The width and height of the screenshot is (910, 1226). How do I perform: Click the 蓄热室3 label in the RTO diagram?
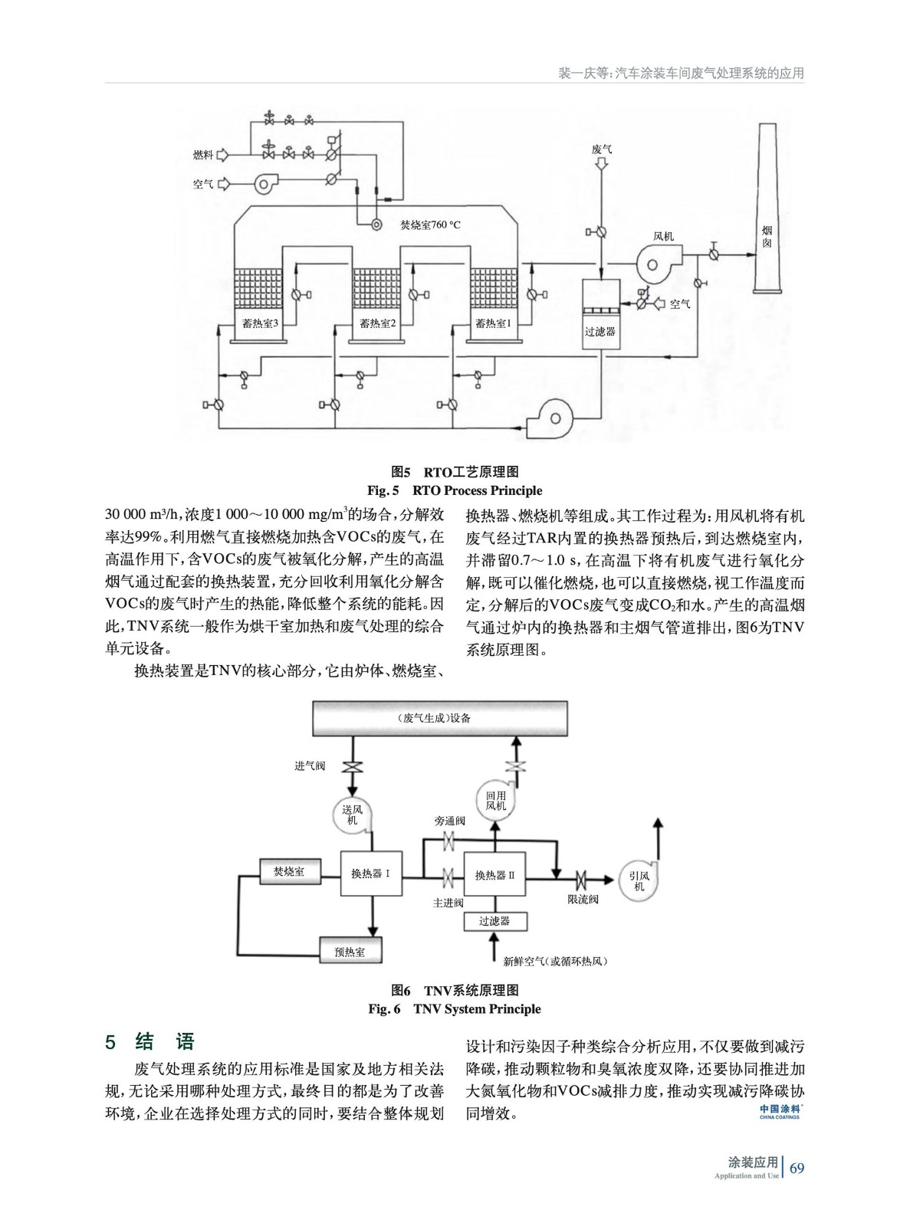[x=258, y=323]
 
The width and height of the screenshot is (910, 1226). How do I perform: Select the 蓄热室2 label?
[x=376, y=323]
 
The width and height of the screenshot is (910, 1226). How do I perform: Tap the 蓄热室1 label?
[x=492, y=323]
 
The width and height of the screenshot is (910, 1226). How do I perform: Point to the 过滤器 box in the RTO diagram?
[x=600, y=331]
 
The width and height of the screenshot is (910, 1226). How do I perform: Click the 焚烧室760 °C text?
[x=430, y=225]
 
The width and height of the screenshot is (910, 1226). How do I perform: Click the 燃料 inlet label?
[x=202, y=156]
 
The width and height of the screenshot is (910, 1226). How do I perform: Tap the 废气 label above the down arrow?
[x=601, y=149]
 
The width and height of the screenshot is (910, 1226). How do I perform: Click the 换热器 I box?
[x=371, y=874]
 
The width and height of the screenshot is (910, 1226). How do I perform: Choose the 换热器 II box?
[x=494, y=874]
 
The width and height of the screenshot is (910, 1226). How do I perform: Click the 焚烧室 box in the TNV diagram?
[x=288, y=872]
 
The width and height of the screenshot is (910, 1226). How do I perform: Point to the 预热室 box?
[x=350, y=952]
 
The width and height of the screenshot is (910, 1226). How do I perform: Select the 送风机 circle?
[x=352, y=815]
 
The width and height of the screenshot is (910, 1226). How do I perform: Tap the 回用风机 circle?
[x=495, y=801]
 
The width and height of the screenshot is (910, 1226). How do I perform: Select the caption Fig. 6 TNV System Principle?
[x=455, y=1009]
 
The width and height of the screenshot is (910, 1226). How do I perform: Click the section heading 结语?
[x=165, y=1042]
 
